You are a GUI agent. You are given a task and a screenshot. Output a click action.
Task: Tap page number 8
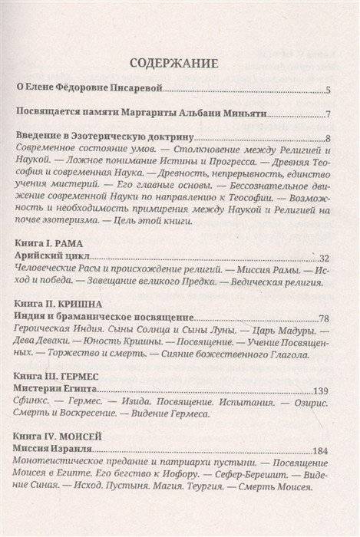pos(327,139)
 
